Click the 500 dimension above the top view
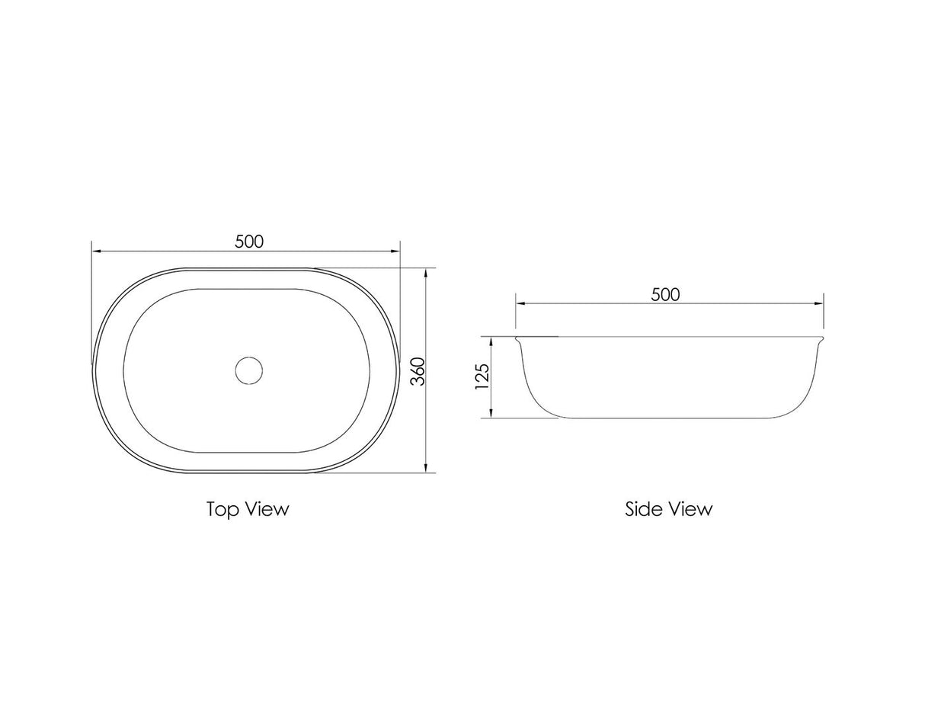(x=249, y=242)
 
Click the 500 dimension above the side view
(x=665, y=294)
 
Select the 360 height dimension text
(x=418, y=371)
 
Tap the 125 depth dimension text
(x=482, y=376)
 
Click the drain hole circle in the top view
(x=248, y=370)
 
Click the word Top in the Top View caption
(x=222, y=509)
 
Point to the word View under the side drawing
(x=690, y=508)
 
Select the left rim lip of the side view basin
(x=519, y=341)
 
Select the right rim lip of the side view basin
(x=821, y=341)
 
